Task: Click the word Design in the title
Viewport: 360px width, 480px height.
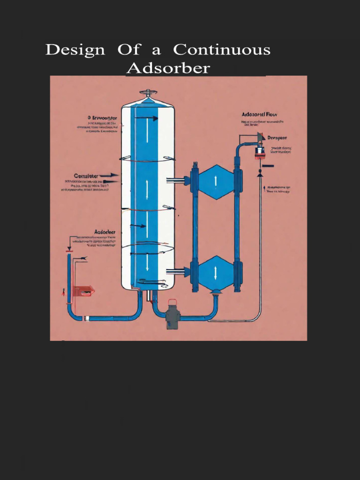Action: [75, 50]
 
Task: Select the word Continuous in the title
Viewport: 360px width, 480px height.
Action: [222, 50]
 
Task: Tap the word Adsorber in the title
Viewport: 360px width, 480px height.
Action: [168, 68]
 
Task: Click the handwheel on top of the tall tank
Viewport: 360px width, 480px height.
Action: [148, 92]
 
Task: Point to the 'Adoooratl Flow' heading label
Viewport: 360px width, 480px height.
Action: [259, 114]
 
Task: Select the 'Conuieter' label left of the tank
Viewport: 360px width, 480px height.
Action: [85, 176]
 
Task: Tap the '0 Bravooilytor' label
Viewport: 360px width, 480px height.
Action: [102, 117]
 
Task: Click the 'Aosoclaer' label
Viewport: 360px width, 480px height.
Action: [105, 232]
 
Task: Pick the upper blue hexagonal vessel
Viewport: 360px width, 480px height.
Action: [216, 181]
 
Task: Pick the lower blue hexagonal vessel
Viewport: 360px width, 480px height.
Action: [216, 273]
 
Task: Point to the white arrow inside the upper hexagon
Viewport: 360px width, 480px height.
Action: [216, 181]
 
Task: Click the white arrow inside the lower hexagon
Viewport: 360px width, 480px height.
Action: [216, 273]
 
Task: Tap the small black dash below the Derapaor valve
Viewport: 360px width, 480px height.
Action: [268, 166]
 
